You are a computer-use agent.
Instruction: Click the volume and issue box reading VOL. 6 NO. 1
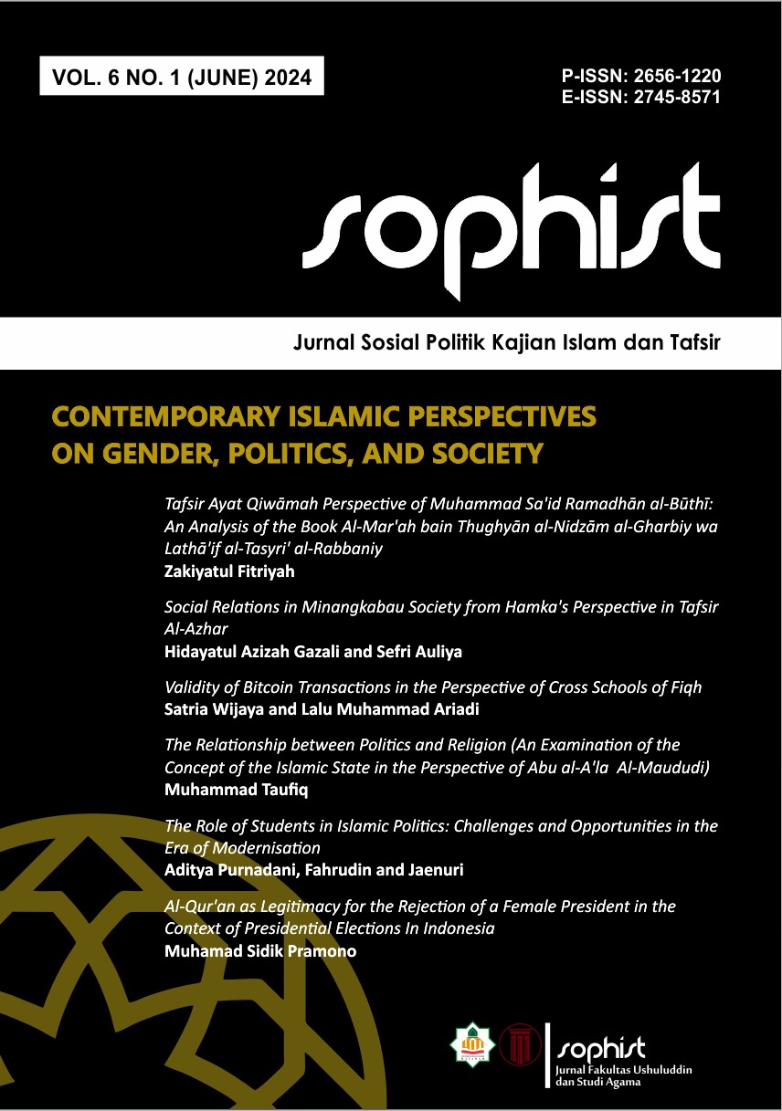point(182,78)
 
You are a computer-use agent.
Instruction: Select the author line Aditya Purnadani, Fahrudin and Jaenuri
point(313,870)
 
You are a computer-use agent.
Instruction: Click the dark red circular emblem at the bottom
point(520,1043)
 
